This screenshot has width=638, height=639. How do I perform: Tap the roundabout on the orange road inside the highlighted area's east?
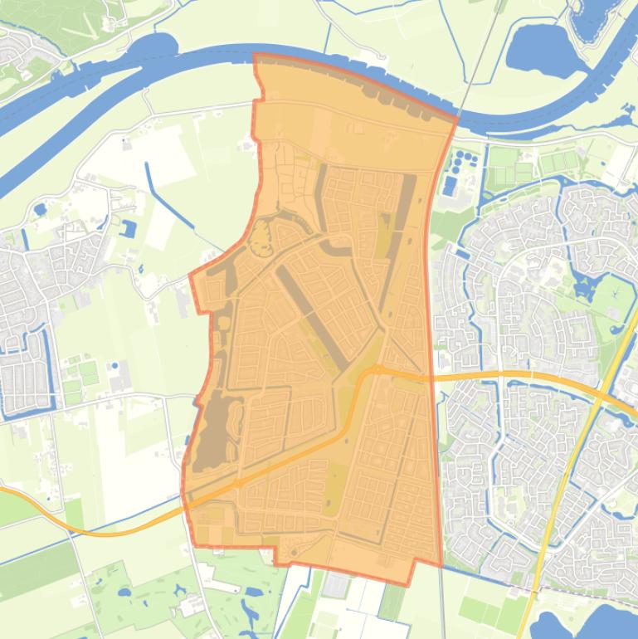[x=377, y=369]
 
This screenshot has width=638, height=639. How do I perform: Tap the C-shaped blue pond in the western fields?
[x=129, y=228]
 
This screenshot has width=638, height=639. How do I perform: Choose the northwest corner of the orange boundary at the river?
[x=255, y=56]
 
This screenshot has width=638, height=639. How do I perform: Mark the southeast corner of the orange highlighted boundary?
[x=440, y=564]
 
